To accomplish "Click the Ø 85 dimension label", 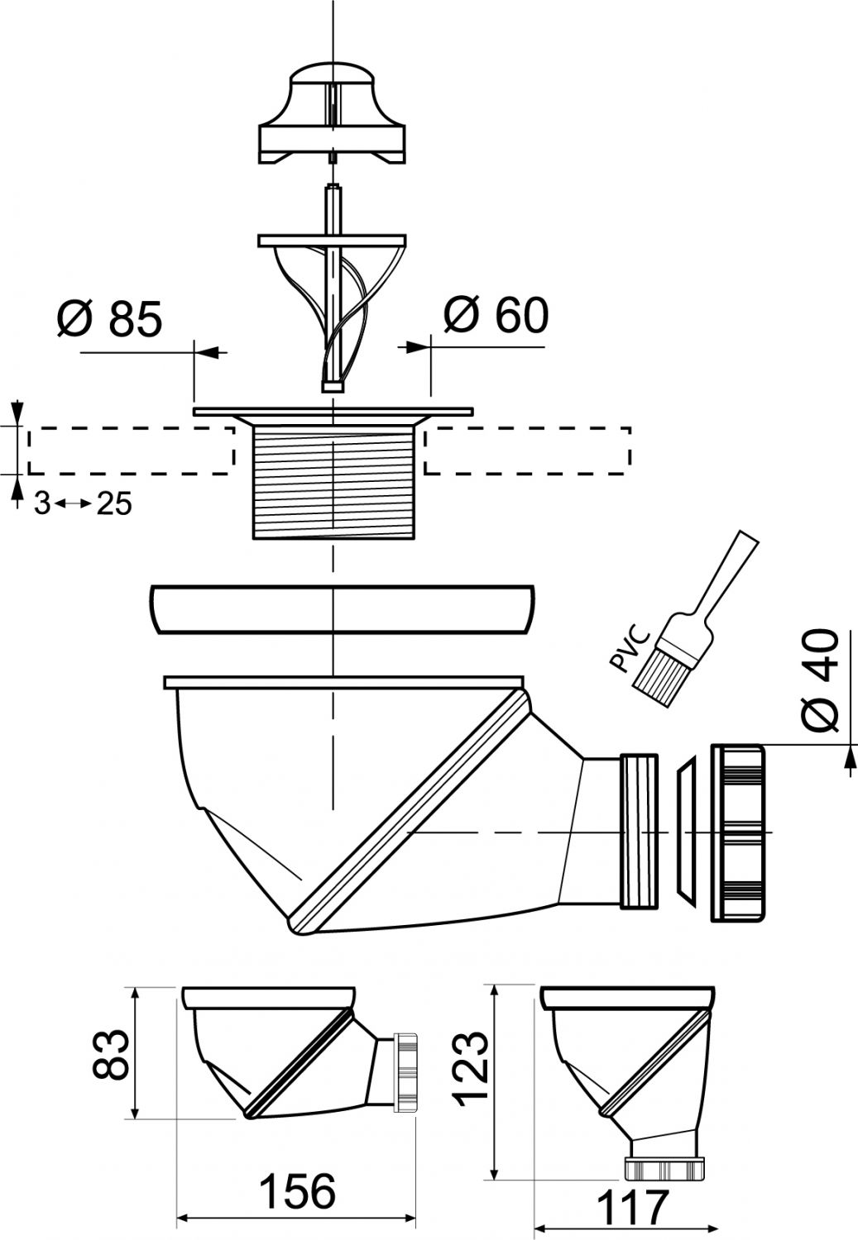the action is pyautogui.click(x=110, y=319).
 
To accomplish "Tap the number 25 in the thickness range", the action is pyautogui.click(x=115, y=503).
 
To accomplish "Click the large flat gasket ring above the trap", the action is pyautogui.click(x=342, y=609).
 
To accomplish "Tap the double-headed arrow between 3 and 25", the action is pyautogui.click(x=74, y=503).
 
